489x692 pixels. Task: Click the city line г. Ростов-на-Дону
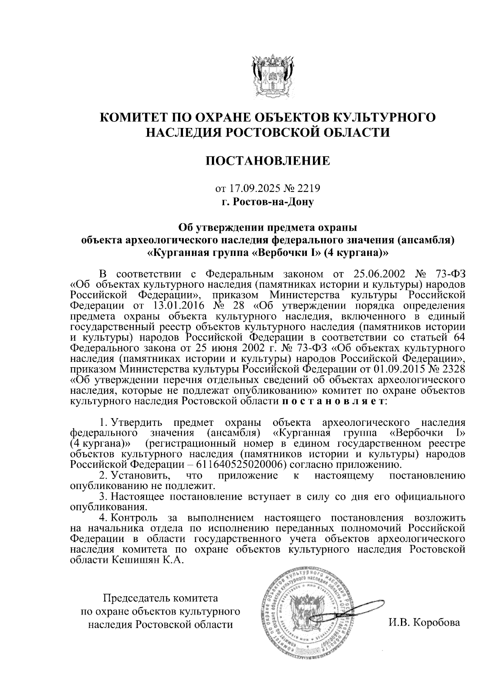point(268,202)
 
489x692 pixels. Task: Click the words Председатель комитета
point(161,599)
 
